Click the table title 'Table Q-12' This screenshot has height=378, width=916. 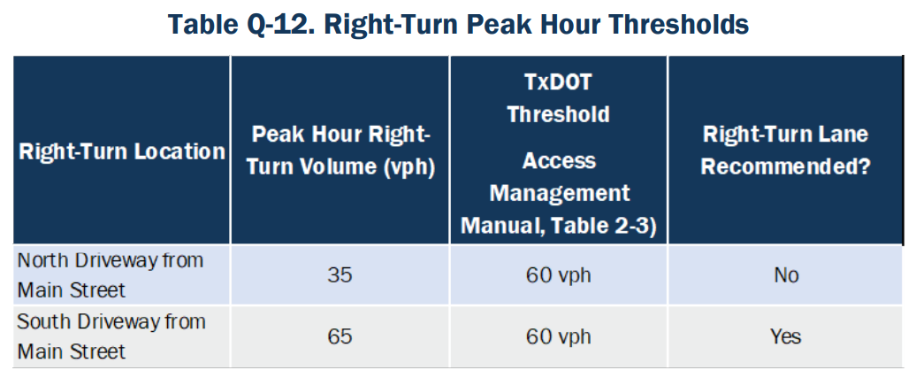point(239,25)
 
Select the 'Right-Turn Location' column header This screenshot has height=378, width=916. point(122,152)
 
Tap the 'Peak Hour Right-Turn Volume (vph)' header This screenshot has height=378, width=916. point(340,151)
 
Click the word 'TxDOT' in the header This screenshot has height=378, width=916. point(558,82)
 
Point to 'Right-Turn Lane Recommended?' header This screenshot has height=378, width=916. point(786,150)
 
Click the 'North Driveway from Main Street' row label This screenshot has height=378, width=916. point(111,274)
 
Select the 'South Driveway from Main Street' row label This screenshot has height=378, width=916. point(111,336)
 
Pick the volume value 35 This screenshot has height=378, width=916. point(340,275)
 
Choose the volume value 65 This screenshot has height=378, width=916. point(340,337)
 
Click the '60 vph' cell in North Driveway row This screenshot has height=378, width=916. point(559,275)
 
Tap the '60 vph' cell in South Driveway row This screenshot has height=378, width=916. point(559,337)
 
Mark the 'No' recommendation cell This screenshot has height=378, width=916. point(785,275)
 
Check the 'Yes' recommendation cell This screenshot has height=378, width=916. point(786,337)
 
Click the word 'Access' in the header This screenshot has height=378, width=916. point(559,160)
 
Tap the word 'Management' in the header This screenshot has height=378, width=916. point(559,193)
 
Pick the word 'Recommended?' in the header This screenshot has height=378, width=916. point(786,166)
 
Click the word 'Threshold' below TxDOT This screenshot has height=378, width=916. point(559,114)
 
